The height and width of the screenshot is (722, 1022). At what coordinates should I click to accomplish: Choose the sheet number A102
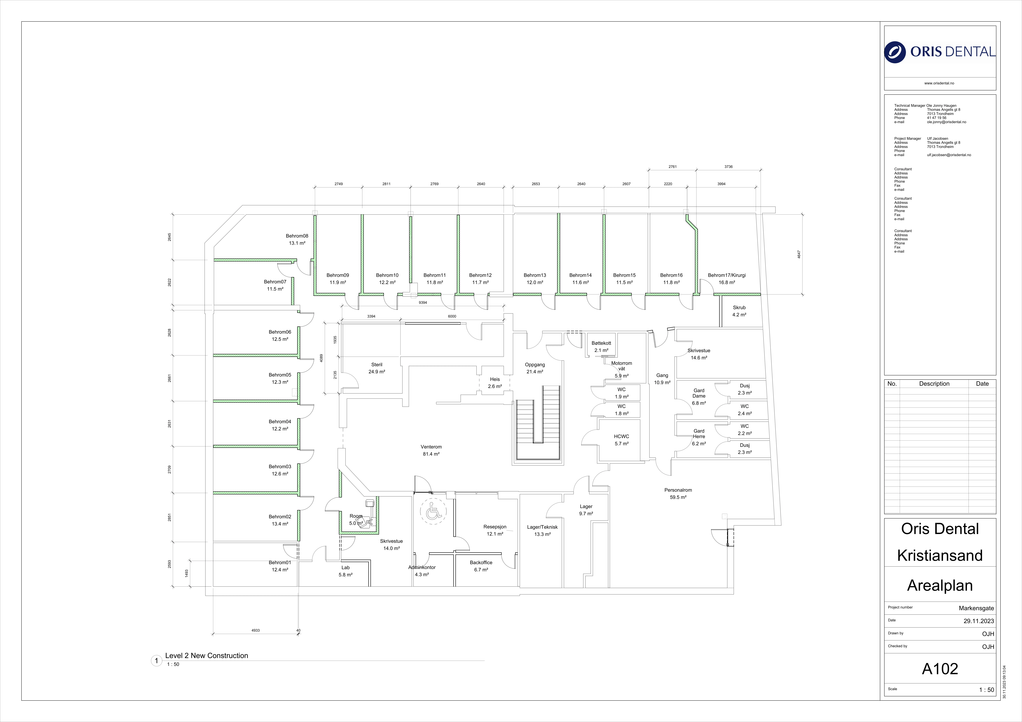tap(940, 669)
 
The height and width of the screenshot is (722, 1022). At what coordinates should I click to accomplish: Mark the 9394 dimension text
tap(423, 302)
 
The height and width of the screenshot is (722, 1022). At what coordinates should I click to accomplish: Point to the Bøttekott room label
tap(601, 343)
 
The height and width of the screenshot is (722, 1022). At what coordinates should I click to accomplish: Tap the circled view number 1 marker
tap(156, 661)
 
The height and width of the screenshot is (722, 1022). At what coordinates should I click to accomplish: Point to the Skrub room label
tap(739, 307)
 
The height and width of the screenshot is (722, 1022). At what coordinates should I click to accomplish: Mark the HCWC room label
tap(621, 436)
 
